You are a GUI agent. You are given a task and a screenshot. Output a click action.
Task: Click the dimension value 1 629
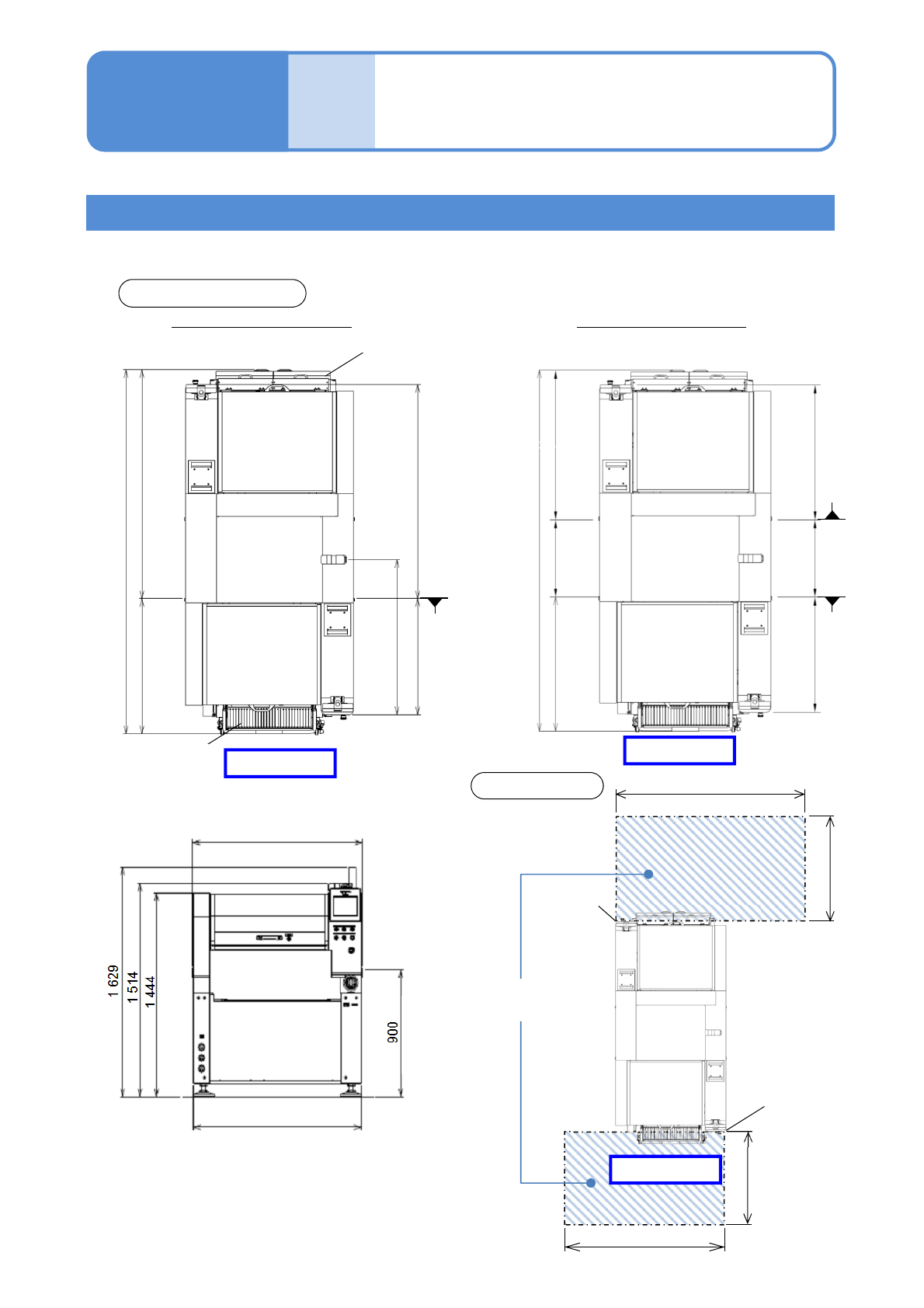coord(113,981)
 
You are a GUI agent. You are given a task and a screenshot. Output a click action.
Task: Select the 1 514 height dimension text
coord(133,987)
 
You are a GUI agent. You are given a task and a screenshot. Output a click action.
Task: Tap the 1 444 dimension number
coord(150,992)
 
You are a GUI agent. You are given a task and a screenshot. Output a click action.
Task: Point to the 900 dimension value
coord(393,1032)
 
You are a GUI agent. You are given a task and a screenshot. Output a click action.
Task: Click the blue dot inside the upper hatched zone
coord(649,874)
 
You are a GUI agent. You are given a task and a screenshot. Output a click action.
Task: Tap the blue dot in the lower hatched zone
coord(591,1183)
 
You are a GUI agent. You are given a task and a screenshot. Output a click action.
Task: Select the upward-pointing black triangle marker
coord(832,512)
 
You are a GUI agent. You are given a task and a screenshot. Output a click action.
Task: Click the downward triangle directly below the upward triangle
coord(832,602)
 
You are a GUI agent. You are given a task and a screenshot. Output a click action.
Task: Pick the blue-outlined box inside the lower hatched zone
coord(665,1170)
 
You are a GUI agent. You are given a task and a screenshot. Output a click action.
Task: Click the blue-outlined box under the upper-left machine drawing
coord(280,763)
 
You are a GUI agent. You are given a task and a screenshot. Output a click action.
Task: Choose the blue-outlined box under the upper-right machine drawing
coord(679,750)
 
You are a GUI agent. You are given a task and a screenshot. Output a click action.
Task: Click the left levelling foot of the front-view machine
coord(205,1090)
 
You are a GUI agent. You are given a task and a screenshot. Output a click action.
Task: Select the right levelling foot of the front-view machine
coord(349,1090)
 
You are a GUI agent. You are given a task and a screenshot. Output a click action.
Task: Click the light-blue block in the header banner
coord(332,101)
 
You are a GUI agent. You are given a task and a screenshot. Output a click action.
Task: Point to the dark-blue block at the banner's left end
coord(187,101)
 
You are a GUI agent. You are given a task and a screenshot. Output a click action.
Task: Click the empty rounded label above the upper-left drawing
coord(212,294)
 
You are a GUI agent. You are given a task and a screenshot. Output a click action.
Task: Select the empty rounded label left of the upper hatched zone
coord(537,786)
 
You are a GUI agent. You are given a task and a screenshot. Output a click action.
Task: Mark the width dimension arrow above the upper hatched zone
coord(710,794)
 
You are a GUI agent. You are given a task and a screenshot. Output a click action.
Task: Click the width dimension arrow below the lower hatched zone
coord(644,1247)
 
